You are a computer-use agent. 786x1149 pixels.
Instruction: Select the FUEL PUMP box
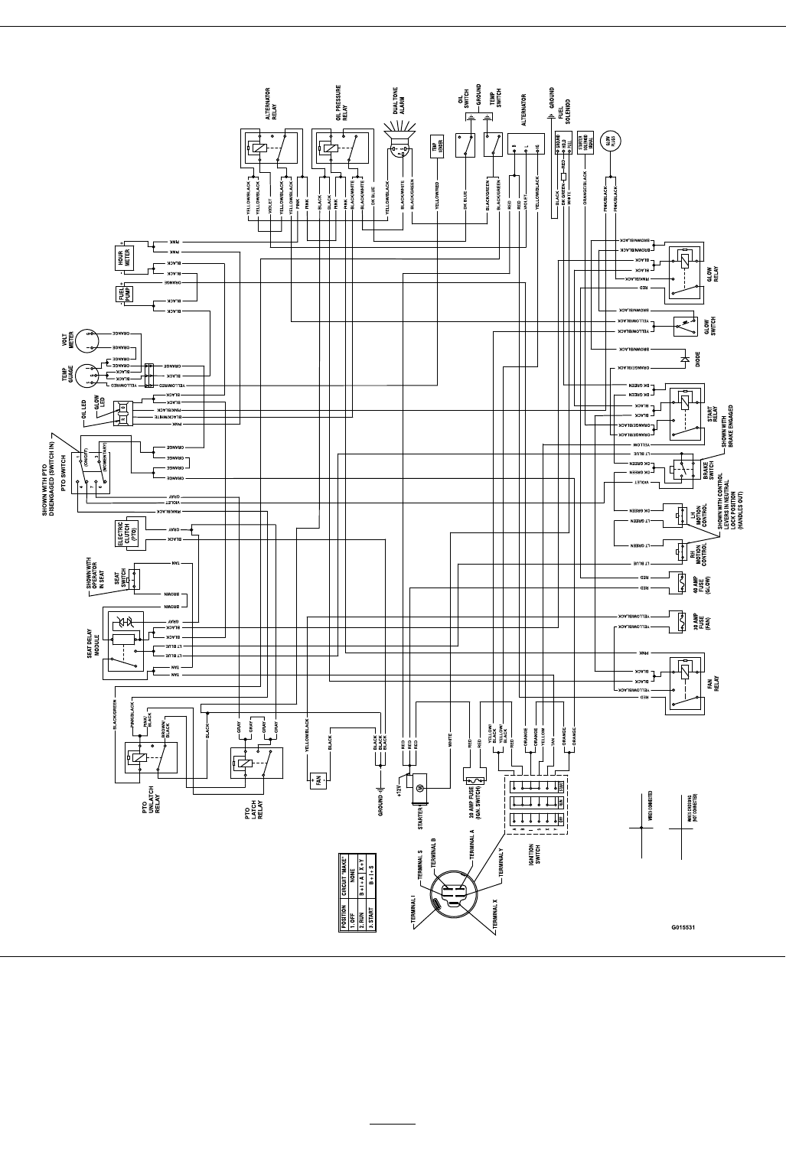click(123, 295)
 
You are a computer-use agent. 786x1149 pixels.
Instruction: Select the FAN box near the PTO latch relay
click(315, 781)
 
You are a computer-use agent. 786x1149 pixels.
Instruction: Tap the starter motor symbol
click(418, 788)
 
